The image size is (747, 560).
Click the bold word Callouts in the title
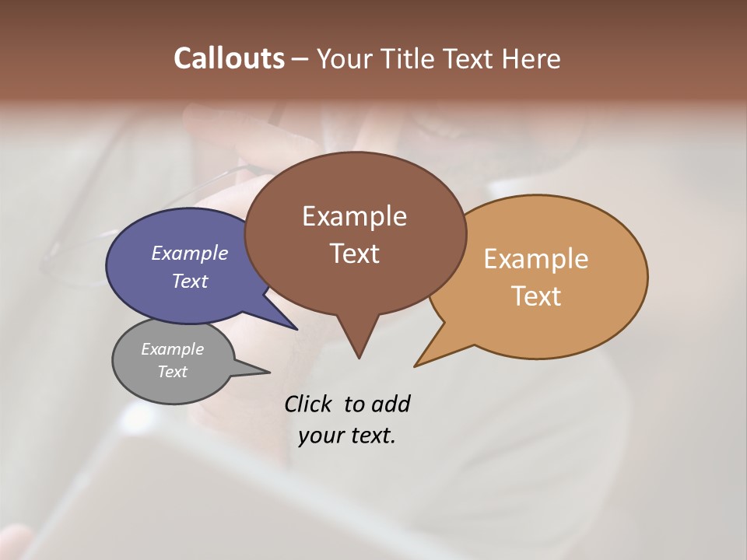229,58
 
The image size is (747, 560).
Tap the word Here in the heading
532,58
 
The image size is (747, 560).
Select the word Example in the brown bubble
354,216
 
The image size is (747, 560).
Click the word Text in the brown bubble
354,254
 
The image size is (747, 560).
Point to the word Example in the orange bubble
536,259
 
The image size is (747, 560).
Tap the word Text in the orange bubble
536,296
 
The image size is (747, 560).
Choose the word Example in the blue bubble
190,253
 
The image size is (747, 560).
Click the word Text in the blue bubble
190,282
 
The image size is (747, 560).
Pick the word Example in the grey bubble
172,349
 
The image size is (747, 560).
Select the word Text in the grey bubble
172,372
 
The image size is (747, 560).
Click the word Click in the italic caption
310,404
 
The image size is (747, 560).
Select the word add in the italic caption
391,404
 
